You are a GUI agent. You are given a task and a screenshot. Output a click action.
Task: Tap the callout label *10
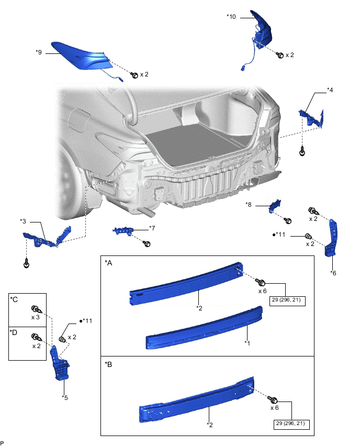click(231, 17)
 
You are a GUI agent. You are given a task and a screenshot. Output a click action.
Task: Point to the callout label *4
click(330, 90)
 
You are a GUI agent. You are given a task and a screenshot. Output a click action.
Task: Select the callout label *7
click(152, 228)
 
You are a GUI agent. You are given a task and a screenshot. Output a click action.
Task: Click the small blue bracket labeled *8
click(275, 206)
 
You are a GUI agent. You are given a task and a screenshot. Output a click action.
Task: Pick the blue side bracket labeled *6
click(332, 238)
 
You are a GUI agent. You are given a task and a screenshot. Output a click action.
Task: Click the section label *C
click(14, 299)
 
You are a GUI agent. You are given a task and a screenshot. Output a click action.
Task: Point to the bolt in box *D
click(35, 337)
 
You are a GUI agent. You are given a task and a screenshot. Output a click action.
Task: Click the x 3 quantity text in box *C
click(37, 318)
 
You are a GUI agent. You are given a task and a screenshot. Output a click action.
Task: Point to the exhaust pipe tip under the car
click(148, 212)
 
